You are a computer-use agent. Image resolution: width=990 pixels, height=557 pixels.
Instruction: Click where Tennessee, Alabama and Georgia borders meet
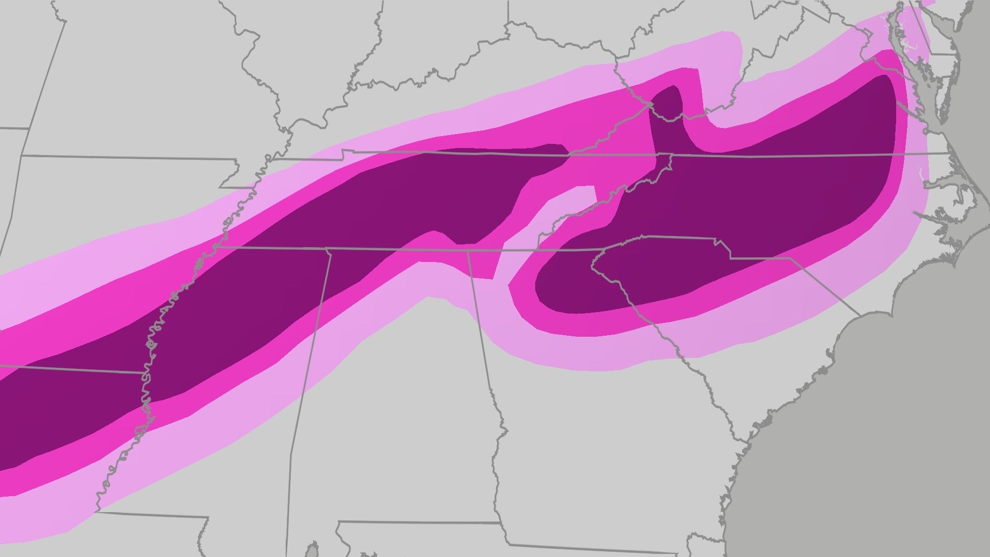pos(468,251)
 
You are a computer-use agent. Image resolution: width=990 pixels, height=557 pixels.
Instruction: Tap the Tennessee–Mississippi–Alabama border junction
pos(327,249)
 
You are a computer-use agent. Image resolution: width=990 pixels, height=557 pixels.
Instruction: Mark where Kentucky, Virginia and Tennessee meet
pos(569,153)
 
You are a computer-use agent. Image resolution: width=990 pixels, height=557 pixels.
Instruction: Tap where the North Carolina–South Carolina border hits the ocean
pos(860,315)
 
